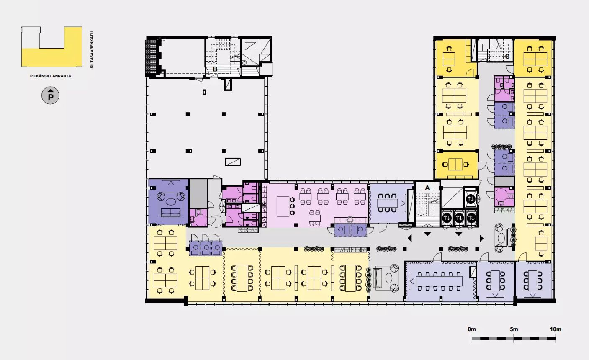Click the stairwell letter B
215,69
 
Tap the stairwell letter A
427,188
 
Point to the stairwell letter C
507,56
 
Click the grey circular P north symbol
50,95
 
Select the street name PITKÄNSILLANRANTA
51,76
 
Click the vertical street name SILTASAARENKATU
92,50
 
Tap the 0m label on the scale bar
472,329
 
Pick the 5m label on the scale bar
514,329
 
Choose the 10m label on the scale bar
556,329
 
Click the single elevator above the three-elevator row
471,198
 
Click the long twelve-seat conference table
439,281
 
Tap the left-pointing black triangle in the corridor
409,238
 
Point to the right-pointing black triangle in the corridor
481,238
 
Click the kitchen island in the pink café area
283,206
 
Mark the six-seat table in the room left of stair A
388,203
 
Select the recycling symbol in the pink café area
350,220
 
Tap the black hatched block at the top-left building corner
151,57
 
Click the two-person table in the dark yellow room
455,165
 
